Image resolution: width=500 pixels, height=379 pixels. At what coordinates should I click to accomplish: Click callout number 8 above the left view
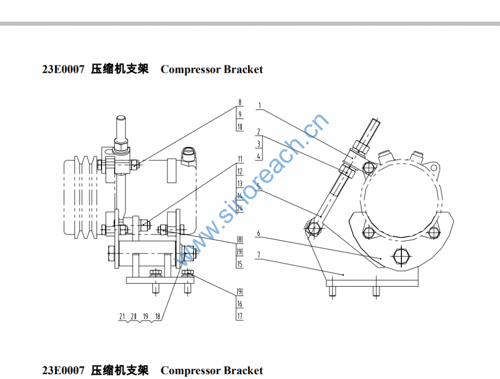[240, 103]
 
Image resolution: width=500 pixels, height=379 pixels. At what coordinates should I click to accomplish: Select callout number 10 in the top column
[240, 127]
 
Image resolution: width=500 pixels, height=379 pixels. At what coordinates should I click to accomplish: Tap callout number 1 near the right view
[260, 105]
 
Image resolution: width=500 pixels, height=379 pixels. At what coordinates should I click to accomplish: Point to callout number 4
[259, 156]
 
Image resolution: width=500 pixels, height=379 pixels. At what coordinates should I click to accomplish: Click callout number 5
[259, 186]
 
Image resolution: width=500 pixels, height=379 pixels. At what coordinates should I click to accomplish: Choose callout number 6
[259, 233]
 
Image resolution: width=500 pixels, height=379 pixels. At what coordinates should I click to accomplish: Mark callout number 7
[259, 255]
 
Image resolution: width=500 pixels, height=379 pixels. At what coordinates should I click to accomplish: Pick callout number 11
[240, 159]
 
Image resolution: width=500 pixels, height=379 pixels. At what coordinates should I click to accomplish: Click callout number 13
[240, 184]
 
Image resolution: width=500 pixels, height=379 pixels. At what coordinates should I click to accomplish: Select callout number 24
[240, 208]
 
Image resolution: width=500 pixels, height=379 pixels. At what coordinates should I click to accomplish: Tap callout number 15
[240, 264]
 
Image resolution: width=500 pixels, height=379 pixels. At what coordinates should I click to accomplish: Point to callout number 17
[240, 316]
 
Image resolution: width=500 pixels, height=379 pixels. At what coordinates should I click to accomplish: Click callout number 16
[240, 304]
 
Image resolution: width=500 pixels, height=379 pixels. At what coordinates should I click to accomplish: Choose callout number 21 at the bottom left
[122, 316]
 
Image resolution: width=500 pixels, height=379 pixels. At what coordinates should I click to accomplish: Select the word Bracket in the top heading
[244, 69]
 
